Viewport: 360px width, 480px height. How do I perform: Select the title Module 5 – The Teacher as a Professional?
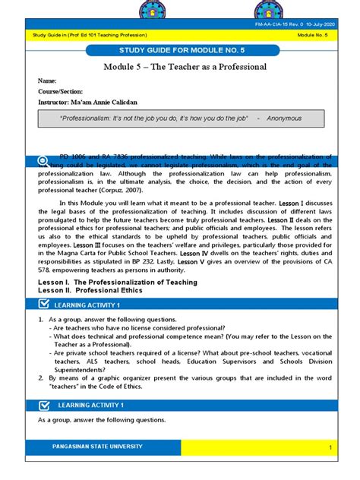tap(185, 67)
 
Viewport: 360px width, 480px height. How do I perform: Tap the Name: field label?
tap(48, 81)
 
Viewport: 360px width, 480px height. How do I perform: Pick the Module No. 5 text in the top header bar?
tap(311, 35)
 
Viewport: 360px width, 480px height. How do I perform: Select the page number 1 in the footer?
tap(331, 449)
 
